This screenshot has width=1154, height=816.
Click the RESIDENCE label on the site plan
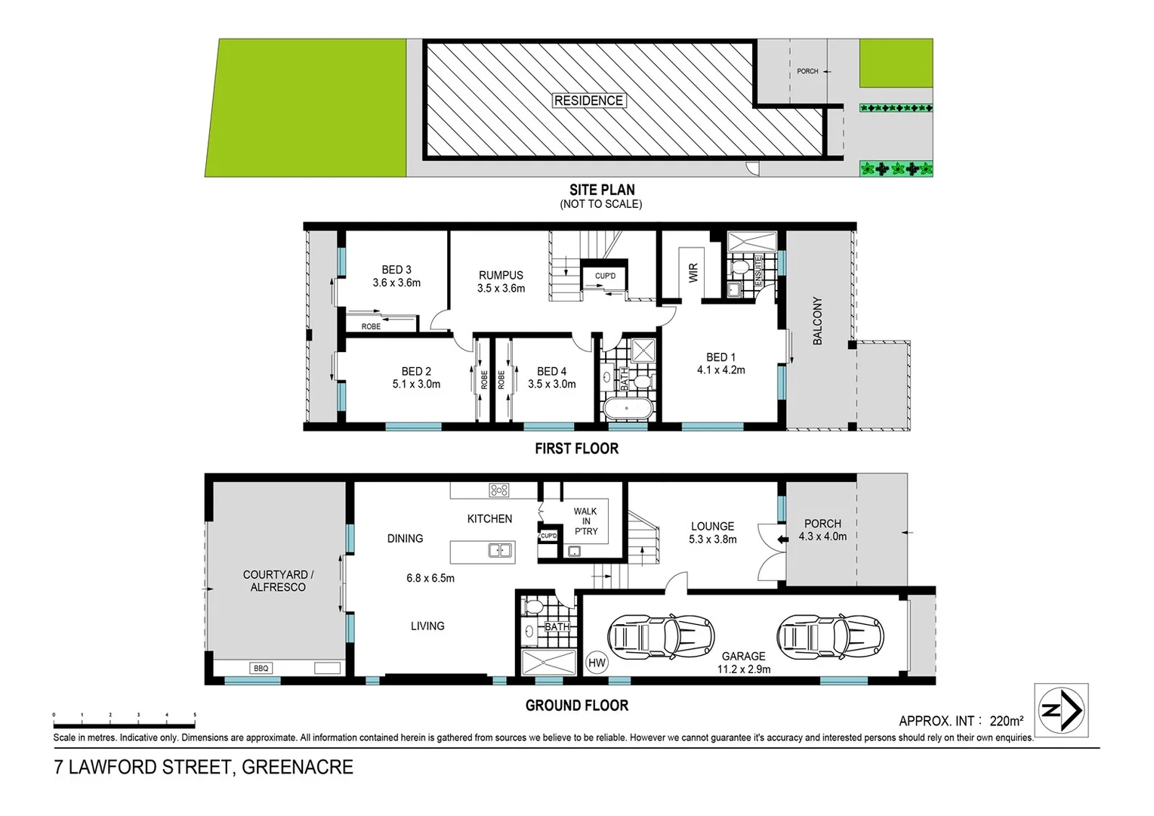588,100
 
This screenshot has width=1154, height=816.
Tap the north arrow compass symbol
1061,709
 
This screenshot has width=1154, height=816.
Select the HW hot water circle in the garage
597,663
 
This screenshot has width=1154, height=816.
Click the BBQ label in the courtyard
261,669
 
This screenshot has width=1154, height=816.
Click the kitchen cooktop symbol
498,490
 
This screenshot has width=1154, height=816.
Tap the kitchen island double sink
500,551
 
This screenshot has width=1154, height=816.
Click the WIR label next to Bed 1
693,273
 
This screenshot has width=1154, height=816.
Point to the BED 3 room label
396,270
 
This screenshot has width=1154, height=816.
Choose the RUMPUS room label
501,276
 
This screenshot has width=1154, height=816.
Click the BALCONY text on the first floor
817,321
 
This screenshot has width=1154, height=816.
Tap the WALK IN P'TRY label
585,521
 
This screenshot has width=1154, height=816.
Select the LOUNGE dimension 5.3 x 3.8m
712,539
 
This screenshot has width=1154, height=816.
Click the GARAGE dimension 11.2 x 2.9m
744,669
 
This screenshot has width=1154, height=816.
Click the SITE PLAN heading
601,190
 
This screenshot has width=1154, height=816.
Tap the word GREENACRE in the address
297,768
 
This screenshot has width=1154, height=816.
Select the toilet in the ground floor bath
532,606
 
